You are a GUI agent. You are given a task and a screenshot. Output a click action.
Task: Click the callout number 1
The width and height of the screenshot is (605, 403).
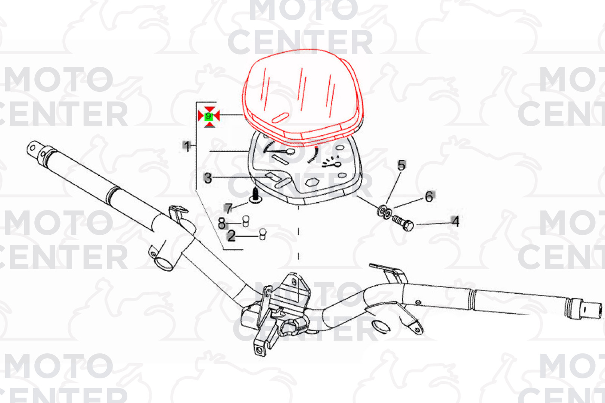pyautogui.click(x=187, y=146)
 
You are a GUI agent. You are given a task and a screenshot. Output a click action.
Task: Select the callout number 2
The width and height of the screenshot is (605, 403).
pyautogui.click(x=231, y=237)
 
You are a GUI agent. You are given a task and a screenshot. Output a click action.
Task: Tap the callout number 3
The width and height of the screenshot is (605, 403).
pyautogui.click(x=208, y=178)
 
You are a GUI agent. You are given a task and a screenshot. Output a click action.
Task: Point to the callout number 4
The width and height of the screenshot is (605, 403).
pyautogui.click(x=456, y=222)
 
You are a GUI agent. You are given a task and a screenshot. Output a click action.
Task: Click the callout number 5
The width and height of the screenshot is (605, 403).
pyautogui.click(x=401, y=165)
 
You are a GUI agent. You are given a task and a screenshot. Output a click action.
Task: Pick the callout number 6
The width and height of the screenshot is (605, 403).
pyautogui.click(x=429, y=197)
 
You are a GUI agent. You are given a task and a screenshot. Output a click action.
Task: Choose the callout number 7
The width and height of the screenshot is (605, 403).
pyautogui.click(x=229, y=208)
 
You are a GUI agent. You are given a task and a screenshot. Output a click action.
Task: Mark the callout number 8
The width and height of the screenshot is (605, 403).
pyautogui.click(x=222, y=223)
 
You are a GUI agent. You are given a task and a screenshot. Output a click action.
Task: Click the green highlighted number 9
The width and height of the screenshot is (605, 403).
pyautogui.click(x=208, y=116)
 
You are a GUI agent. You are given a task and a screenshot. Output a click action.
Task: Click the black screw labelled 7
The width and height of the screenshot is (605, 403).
pyautogui.click(x=255, y=196)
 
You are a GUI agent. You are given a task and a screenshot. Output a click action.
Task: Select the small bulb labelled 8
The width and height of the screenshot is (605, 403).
pyautogui.click(x=246, y=221)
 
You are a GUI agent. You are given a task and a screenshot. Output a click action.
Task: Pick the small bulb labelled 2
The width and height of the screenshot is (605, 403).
pyautogui.click(x=263, y=234)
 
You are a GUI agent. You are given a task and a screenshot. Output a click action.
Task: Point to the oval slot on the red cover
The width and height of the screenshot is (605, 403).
pyautogui.click(x=280, y=118)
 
